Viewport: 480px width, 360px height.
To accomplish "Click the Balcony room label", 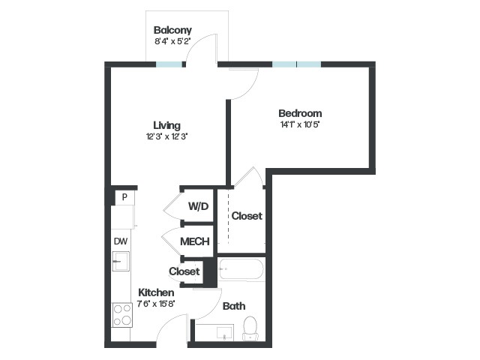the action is point(172,30).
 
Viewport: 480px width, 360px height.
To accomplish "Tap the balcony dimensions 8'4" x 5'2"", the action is point(172,41).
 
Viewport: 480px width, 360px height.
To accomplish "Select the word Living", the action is point(166,125).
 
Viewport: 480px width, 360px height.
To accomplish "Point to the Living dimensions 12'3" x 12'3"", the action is point(166,136).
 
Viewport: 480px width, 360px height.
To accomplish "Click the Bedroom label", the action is point(300,113).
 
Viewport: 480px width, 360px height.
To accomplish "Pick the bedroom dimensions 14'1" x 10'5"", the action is point(300,124).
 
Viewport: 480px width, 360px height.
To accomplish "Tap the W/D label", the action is point(198,206).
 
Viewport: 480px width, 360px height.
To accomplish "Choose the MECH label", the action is point(195,241).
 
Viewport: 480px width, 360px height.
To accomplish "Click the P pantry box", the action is point(124,197).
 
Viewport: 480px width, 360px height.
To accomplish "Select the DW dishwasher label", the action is point(121,241).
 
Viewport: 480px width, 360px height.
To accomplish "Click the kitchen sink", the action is point(121,261).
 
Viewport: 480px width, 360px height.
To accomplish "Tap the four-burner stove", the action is point(122,315).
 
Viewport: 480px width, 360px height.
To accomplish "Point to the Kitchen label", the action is point(156,292).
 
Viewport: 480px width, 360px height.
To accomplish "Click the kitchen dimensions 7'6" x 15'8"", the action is point(156,304).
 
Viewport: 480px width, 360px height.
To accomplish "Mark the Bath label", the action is point(234,306).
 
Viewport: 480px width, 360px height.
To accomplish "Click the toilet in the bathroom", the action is point(250,328).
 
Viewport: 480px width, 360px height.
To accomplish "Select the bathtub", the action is point(241,269).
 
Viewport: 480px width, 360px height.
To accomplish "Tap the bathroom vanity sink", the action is point(225,333).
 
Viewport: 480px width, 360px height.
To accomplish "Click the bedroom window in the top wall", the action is point(297,64).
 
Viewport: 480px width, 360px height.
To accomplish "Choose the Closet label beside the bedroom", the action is point(247,216).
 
